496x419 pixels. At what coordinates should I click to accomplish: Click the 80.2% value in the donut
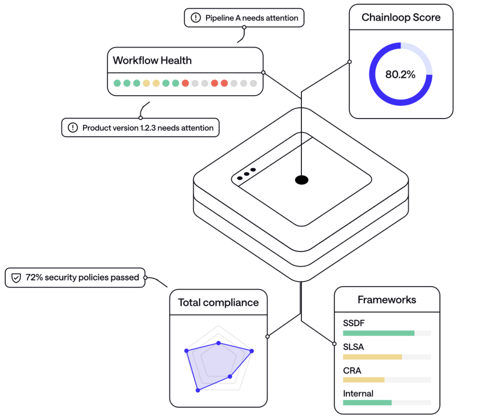coord(400,74)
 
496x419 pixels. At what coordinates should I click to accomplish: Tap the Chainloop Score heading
coord(401,17)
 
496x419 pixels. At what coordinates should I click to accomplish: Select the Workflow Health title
coord(152,61)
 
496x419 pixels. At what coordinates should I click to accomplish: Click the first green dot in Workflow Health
coord(117,83)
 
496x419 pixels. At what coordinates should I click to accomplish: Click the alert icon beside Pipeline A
coord(196,18)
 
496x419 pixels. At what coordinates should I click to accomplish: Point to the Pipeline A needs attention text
coord(251,18)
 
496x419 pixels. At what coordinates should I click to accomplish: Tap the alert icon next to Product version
coord(73,128)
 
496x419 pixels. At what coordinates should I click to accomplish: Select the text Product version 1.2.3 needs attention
coord(148,128)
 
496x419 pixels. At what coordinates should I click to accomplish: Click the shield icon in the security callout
coord(16,278)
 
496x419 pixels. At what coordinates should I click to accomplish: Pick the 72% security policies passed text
coord(82,278)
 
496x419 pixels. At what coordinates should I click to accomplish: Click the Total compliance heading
coord(218,303)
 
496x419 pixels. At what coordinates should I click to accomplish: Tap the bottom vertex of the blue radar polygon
coord(198,390)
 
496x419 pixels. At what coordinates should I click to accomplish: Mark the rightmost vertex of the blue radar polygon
coord(252,351)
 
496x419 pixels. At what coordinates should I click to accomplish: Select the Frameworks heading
coord(387,300)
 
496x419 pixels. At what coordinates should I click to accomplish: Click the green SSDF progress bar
coord(378,333)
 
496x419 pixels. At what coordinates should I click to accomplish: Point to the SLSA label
coord(353,347)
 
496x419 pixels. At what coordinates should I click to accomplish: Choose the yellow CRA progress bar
coord(363,380)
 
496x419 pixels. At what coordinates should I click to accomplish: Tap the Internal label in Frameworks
coord(358,394)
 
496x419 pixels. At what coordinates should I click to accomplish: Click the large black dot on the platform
coord(302,180)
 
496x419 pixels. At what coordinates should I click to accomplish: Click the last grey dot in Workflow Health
coord(253,83)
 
